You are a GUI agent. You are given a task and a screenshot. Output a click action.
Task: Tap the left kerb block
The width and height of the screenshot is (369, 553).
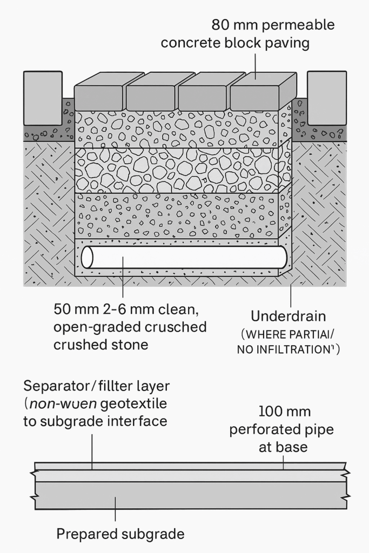pyautogui.click(x=42, y=97)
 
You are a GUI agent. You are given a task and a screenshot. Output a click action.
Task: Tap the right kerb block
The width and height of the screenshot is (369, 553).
pyautogui.click(x=326, y=97)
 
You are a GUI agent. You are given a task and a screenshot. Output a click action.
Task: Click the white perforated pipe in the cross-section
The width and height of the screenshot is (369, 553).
pyautogui.click(x=184, y=257)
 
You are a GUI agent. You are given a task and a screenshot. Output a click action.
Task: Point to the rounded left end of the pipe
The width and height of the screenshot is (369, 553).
pyautogui.click(x=87, y=257)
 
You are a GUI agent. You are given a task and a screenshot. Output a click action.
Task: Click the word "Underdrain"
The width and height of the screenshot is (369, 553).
pyautogui.click(x=288, y=316)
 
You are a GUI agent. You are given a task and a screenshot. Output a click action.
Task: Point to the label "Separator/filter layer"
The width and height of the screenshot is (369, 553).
pyautogui.click(x=96, y=387)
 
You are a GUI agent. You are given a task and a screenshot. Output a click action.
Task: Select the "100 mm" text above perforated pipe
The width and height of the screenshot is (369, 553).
pyautogui.click(x=284, y=412)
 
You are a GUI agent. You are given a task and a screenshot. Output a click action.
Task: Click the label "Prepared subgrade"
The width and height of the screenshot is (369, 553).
pyautogui.click(x=120, y=534)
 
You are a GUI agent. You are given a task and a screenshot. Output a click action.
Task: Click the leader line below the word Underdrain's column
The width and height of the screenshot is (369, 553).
pyautogui.click(x=291, y=294)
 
